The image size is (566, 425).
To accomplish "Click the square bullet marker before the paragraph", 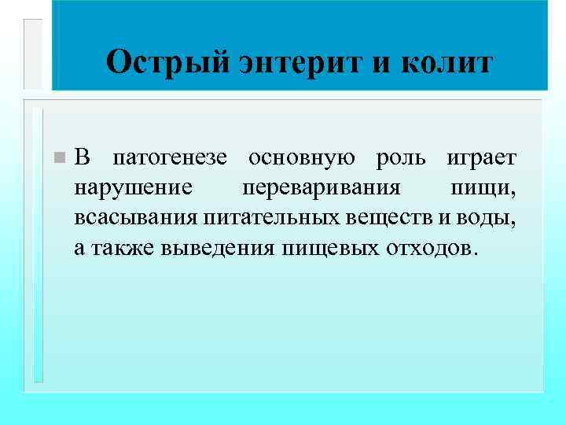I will pos(57,159).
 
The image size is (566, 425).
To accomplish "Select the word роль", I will pos(401,159).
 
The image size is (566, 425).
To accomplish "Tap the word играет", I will pos(481,159).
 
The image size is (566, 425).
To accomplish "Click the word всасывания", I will pos(136,218).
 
